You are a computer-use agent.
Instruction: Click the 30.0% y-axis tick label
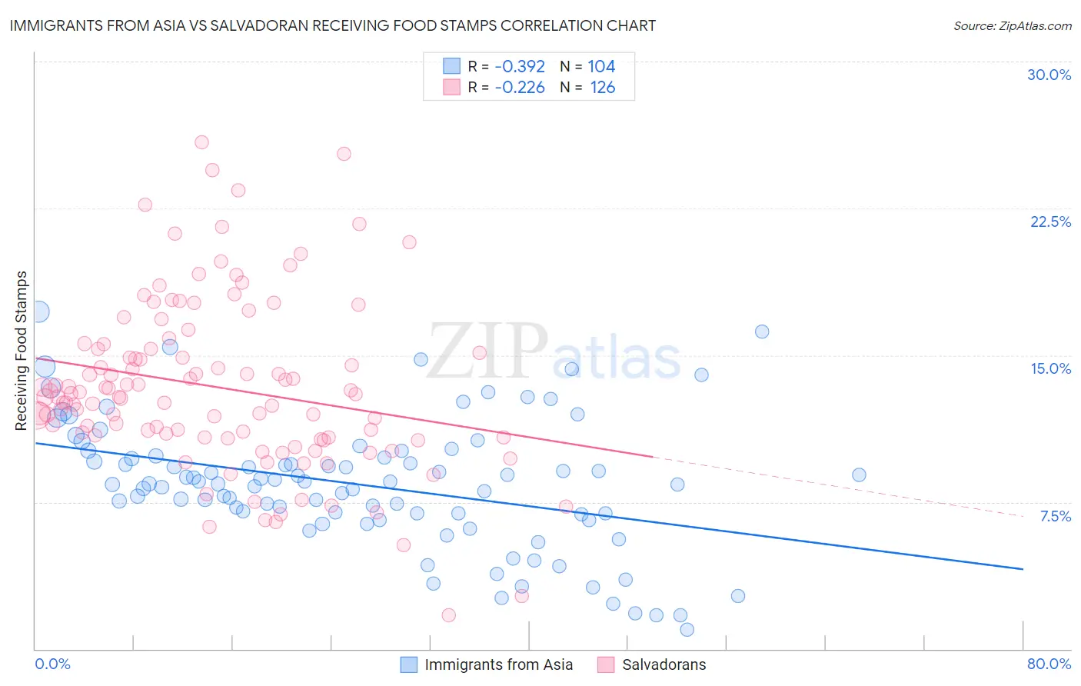[x=1049, y=75]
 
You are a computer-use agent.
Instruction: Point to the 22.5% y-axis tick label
[x=1050, y=221]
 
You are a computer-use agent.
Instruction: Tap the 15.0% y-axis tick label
[x=1050, y=368]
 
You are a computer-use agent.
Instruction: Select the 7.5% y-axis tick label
[x=1055, y=516]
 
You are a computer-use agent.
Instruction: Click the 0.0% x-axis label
[x=52, y=664]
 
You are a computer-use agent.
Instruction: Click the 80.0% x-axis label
[x=1049, y=664]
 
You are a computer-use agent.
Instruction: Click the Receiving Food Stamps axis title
[x=22, y=351]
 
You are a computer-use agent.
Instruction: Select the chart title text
[x=333, y=25]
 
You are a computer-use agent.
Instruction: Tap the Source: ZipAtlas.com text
[x=1012, y=25]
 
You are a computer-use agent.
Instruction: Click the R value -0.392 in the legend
[x=519, y=66]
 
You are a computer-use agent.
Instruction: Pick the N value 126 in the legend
[x=603, y=87]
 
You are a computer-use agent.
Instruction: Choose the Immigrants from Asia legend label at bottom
[x=498, y=664]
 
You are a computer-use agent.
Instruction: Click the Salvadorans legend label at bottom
[x=664, y=664]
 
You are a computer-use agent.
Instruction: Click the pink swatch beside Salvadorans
[x=606, y=664]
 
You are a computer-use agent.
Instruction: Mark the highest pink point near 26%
[x=201, y=142]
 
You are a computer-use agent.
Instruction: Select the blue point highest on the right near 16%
[x=762, y=331]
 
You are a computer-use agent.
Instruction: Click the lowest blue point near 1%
[x=687, y=629]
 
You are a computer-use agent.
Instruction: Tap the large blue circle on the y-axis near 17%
[x=38, y=311]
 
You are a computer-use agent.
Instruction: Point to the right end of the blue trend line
[x=1023, y=569]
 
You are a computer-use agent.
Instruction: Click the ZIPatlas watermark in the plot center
[x=554, y=352]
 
